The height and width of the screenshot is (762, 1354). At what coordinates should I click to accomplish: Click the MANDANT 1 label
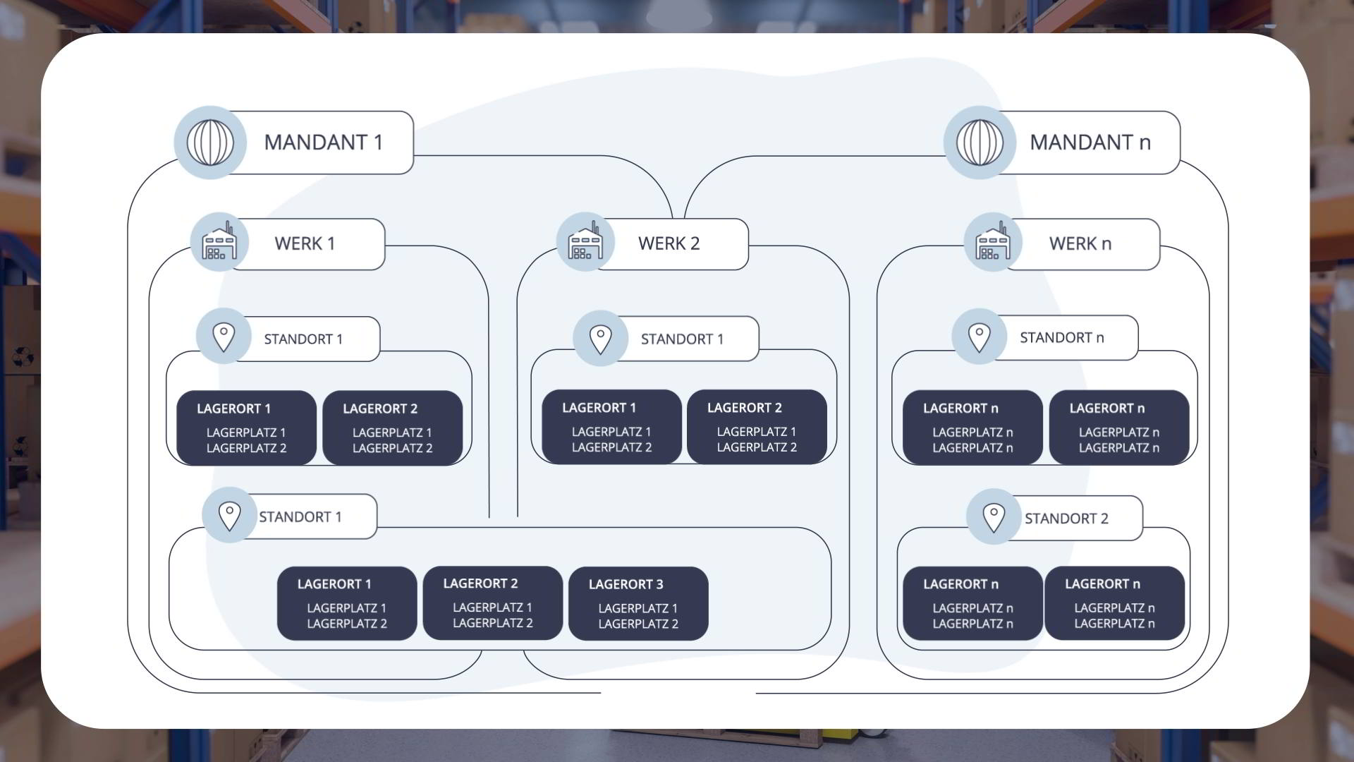(323, 143)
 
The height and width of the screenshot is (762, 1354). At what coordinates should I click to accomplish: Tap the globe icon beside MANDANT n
(980, 143)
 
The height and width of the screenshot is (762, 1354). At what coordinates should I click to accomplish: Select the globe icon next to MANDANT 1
(210, 143)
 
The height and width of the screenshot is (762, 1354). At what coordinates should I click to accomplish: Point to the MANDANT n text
(1090, 143)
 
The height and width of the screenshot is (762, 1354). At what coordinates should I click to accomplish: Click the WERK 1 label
(305, 243)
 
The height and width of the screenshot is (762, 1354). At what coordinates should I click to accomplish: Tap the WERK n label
(1080, 243)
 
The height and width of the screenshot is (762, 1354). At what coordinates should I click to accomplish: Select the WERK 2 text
(669, 243)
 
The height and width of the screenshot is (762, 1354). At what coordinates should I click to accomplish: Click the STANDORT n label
(1062, 338)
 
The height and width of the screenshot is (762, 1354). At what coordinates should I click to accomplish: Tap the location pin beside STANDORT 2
(994, 518)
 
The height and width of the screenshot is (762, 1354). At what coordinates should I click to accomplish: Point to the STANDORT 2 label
(1066, 519)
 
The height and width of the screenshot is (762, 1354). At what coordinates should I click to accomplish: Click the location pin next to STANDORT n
(979, 338)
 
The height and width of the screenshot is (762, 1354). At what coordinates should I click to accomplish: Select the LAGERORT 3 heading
(626, 584)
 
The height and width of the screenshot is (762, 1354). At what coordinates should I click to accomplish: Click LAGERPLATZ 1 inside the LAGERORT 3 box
(638, 608)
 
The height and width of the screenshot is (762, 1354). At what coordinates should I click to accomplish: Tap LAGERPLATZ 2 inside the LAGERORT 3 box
(638, 624)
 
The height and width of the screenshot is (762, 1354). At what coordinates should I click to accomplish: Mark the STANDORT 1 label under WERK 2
(682, 339)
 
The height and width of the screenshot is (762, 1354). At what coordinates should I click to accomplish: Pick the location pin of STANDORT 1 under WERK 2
(600, 339)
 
